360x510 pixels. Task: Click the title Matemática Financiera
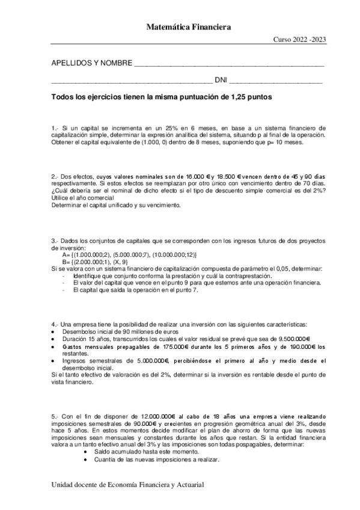tap(189, 26)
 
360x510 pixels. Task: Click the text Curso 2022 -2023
tap(301, 40)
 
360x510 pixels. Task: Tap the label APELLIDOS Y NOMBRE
tap(91, 63)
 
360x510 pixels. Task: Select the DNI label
tap(221, 80)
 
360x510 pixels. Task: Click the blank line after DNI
tap(276, 81)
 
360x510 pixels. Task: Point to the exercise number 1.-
tap(55, 128)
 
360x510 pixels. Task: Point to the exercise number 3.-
tap(55, 241)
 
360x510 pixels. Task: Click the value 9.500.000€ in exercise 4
tap(291, 339)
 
